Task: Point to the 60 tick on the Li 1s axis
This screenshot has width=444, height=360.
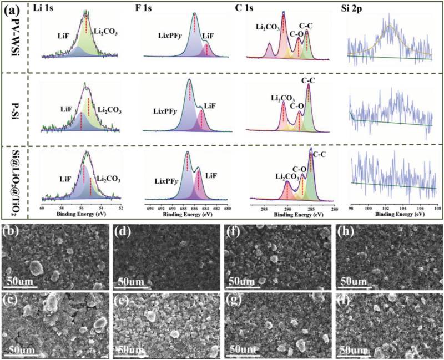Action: tap(42, 209)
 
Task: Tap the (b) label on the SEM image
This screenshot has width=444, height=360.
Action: tap(12, 230)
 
